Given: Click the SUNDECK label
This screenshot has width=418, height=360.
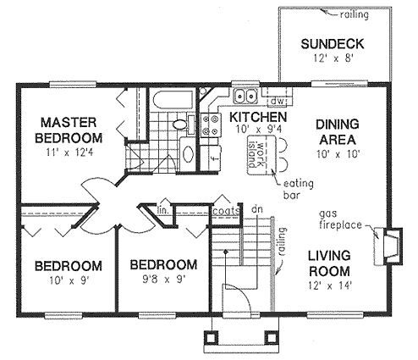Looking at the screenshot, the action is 333,44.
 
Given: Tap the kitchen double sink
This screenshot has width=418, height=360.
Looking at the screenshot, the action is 245,96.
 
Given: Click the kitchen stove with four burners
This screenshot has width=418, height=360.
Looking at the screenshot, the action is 211,125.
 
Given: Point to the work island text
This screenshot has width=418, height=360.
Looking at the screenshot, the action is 256,154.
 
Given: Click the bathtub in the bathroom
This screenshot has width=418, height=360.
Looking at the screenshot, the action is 172,99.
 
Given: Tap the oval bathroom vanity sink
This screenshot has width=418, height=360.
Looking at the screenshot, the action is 189,154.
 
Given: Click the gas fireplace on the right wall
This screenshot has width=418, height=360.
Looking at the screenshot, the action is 388,246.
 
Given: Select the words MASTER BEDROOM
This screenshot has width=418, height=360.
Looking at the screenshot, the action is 69,130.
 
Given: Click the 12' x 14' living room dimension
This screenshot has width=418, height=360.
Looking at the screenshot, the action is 329,285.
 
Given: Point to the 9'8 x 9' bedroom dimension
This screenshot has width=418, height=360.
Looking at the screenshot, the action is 164,280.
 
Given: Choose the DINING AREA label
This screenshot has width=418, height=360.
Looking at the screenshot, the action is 337,132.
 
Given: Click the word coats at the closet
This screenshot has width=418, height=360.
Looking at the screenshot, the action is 226,211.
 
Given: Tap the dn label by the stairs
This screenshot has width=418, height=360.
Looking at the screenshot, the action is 257,209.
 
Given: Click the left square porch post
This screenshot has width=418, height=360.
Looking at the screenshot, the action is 211,337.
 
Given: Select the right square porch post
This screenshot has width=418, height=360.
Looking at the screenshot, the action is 272,337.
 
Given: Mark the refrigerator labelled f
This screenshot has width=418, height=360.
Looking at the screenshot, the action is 211,158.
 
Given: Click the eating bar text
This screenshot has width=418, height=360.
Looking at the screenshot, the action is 299,189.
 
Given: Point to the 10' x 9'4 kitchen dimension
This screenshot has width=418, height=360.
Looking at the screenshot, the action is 258,130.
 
